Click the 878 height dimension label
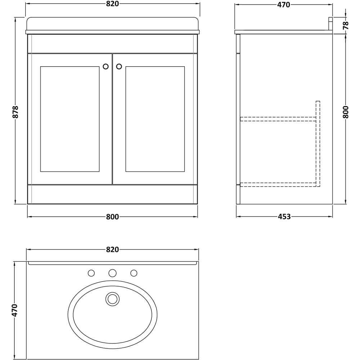click(x=15, y=112)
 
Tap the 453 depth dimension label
click(x=284, y=217)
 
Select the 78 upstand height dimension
click(x=346, y=25)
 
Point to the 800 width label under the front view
click(x=112, y=217)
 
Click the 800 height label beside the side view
click(x=346, y=112)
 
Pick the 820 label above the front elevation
click(x=112, y=4)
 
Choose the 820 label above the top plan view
click(x=112, y=249)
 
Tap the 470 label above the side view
click(x=284, y=5)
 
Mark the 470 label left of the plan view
click(x=15, y=310)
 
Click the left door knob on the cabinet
click(x=105, y=67)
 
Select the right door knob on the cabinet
click(x=119, y=67)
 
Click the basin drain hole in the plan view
click(x=112, y=299)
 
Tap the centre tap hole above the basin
click(x=112, y=273)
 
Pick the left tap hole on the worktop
click(x=91, y=273)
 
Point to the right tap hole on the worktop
click(x=134, y=273)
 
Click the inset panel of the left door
click(x=70, y=119)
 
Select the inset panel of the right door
click(x=155, y=119)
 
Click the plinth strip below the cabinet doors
click(x=112, y=194)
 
